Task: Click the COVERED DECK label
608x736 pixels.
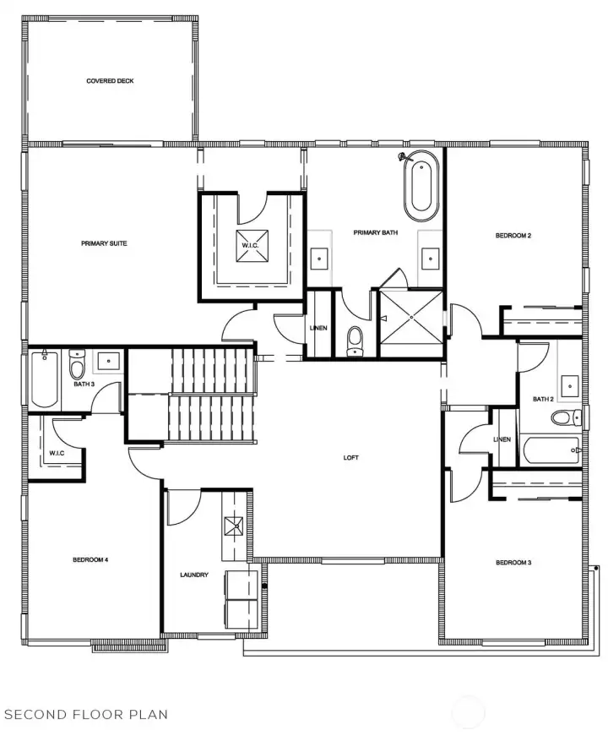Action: (x=110, y=81)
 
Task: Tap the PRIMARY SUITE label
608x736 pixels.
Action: (x=104, y=243)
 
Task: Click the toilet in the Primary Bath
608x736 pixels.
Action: (x=355, y=339)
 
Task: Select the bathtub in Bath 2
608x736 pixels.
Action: (x=550, y=450)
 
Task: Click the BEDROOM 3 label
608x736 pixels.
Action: (x=513, y=563)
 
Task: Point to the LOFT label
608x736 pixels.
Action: (x=351, y=458)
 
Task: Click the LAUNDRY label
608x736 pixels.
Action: (x=194, y=575)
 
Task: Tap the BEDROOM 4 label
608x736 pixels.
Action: (x=90, y=559)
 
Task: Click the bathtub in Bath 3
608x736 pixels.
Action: (x=44, y=379)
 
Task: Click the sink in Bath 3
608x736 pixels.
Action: (x=110, y=362)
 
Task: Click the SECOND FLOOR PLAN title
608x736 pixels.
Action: (x=85, y=714)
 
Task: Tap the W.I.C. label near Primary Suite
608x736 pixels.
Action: (x=250, y=246)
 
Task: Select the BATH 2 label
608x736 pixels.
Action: (x=543, y=399)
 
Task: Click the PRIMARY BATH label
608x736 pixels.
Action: (x=375, y=232)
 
